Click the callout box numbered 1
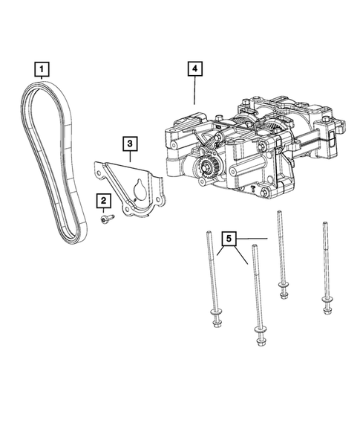(42, 70)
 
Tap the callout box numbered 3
(129, 143)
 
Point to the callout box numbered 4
(194, 70)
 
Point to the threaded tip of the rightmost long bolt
(323, 224)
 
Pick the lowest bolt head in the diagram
(259, 341)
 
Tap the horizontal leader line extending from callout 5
(252, 239)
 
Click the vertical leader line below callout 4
(194, 91)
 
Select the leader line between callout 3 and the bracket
(129, 157)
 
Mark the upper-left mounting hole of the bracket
(98, 173)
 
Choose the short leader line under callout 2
(103, 210)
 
